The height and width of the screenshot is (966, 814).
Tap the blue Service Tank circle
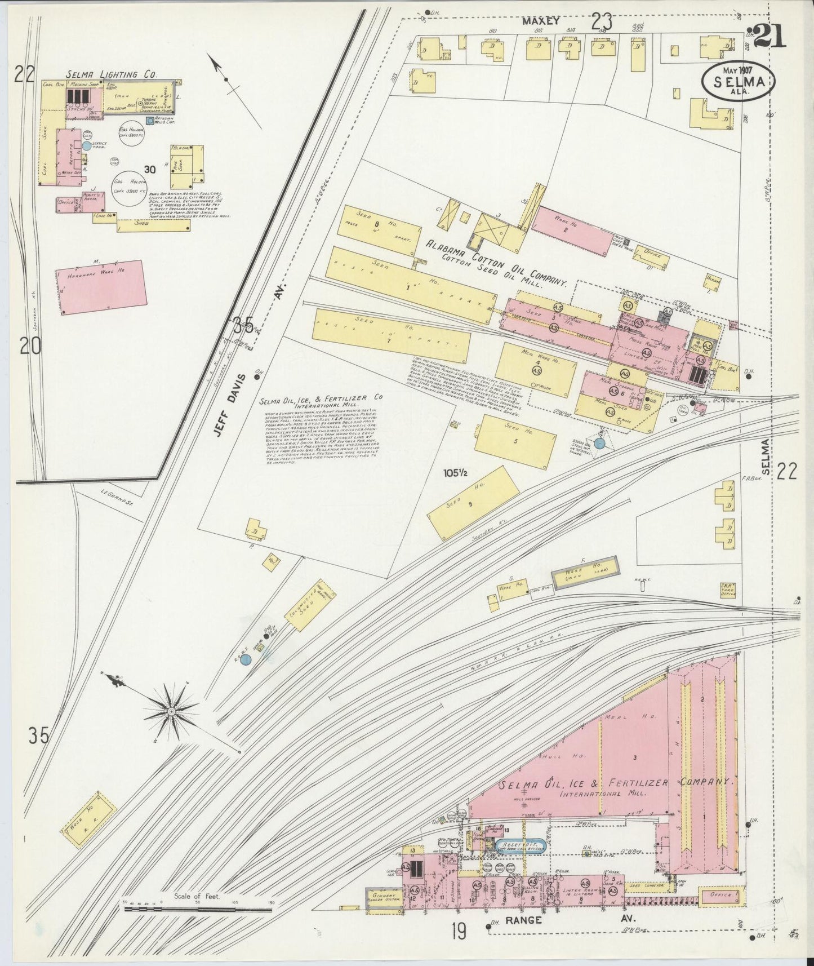(86, 145)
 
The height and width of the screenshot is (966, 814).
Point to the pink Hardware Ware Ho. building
(102, 286)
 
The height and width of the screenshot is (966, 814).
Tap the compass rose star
(171, 712)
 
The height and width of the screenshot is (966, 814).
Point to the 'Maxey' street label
(540, 21)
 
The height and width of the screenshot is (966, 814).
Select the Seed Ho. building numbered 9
(474, 497)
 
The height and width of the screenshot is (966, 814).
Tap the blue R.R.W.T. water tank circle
(245, 659)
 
